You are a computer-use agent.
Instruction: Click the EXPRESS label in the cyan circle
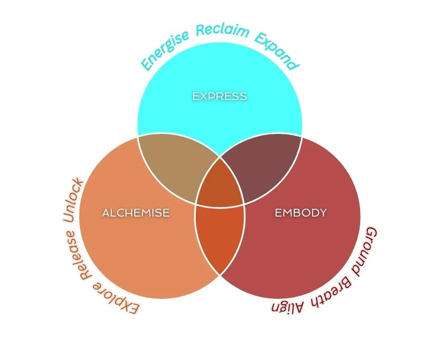click(220, 96)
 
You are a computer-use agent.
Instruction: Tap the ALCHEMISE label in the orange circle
click(136, 213)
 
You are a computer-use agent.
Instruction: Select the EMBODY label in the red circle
click(301, 213)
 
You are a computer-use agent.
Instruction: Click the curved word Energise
click(165, 50)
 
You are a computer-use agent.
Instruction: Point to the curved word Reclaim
click(222, 31)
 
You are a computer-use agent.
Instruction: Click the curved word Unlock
click(72, 201)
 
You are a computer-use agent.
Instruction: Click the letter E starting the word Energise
click(146, 65)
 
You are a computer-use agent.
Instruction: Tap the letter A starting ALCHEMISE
click(106, 213)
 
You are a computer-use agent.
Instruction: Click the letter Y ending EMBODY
click(323, 213)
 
